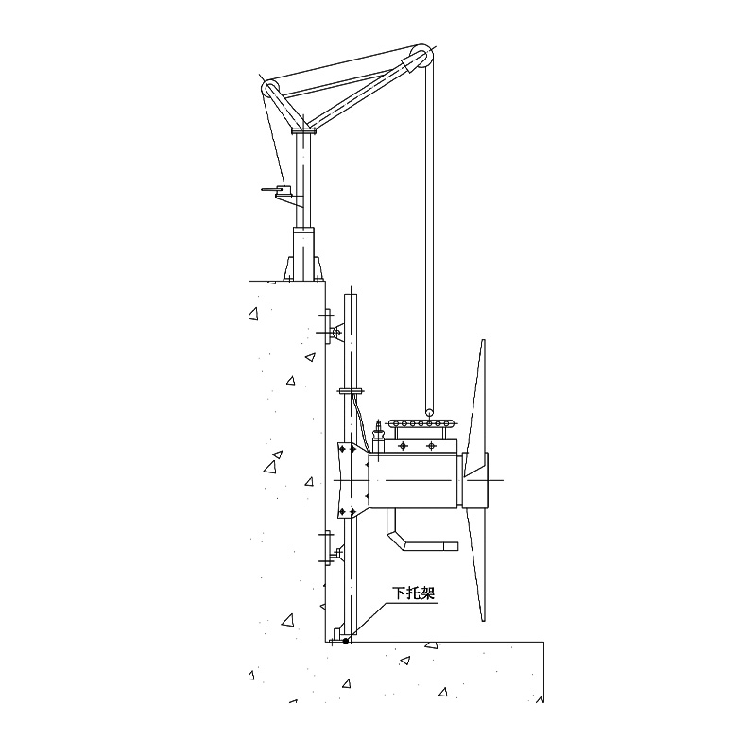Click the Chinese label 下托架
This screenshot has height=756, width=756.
coord(414,593)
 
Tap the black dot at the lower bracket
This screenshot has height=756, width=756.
coord(345,641)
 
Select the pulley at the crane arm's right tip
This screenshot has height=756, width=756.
coord(421,57)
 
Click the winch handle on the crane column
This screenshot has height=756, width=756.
coord(277,192)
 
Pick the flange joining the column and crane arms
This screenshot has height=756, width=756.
coord(303,130)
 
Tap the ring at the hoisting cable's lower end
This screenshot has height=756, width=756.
coord(429,412)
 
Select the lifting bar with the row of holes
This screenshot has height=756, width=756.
coord(421,423)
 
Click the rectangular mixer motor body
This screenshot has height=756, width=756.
coord(413,480)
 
